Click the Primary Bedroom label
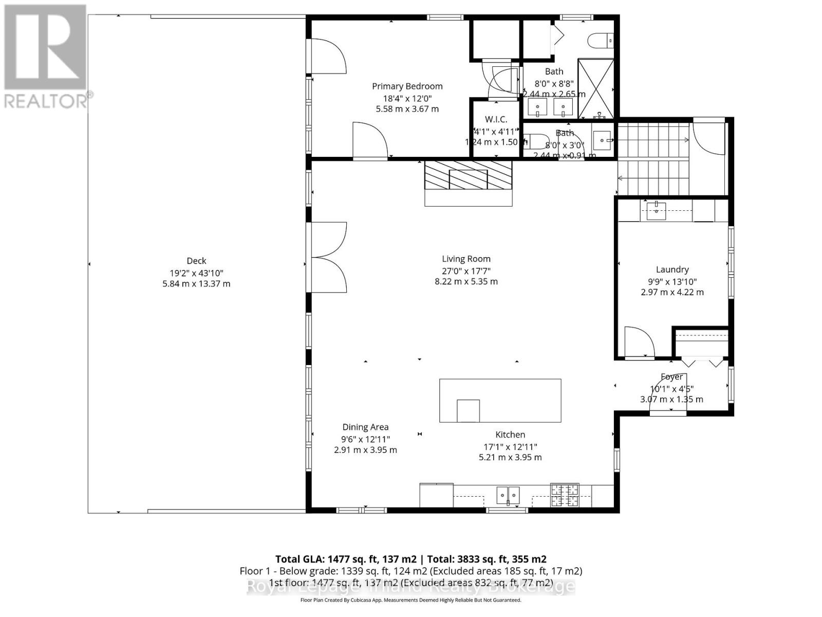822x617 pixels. (407, 86)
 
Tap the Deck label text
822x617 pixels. (196, 261)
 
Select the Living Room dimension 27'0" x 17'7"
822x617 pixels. (466, 270)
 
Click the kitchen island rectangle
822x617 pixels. (500, 401)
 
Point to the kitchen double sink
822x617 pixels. (508, 495)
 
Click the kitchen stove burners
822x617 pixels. (564, 495)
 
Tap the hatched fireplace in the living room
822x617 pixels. (468, 175)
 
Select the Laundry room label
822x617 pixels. (672, 269)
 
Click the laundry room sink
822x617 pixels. (656, 210)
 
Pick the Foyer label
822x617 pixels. (671, 377)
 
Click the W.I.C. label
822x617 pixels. (496, 119)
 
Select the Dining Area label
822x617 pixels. (365, 427)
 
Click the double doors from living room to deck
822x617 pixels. (327, 257)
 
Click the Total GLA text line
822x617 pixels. (410, 559)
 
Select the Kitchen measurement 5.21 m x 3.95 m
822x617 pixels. (510, 457)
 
